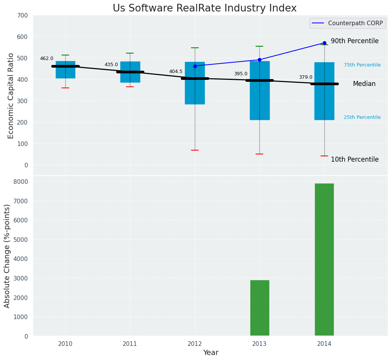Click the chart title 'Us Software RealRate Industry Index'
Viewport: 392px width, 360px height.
[204, 8]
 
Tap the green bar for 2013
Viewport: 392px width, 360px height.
[259, 308]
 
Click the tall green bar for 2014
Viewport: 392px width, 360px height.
[324, 260]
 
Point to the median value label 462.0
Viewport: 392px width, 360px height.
[47, 58]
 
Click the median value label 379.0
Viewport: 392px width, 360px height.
[305, 77]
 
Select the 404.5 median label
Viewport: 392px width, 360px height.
[176, 71]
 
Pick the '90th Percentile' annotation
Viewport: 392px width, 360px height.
[355, 41]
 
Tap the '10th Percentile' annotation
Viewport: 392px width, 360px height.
[355, 159]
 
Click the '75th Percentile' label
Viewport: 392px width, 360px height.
[362, 65]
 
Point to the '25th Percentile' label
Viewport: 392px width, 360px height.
[362, 117]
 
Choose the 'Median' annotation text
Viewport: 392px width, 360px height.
[364, 84]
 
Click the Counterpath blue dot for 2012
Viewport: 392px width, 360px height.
[195, 66]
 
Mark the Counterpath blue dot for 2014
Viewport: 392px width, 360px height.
[324, 43]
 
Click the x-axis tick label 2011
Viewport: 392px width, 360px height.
[130, 344]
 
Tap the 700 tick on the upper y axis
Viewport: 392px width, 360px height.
[23, 15]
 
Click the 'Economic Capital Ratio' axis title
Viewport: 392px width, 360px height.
[11, 96]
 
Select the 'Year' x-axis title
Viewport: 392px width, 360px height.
[211, 353]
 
